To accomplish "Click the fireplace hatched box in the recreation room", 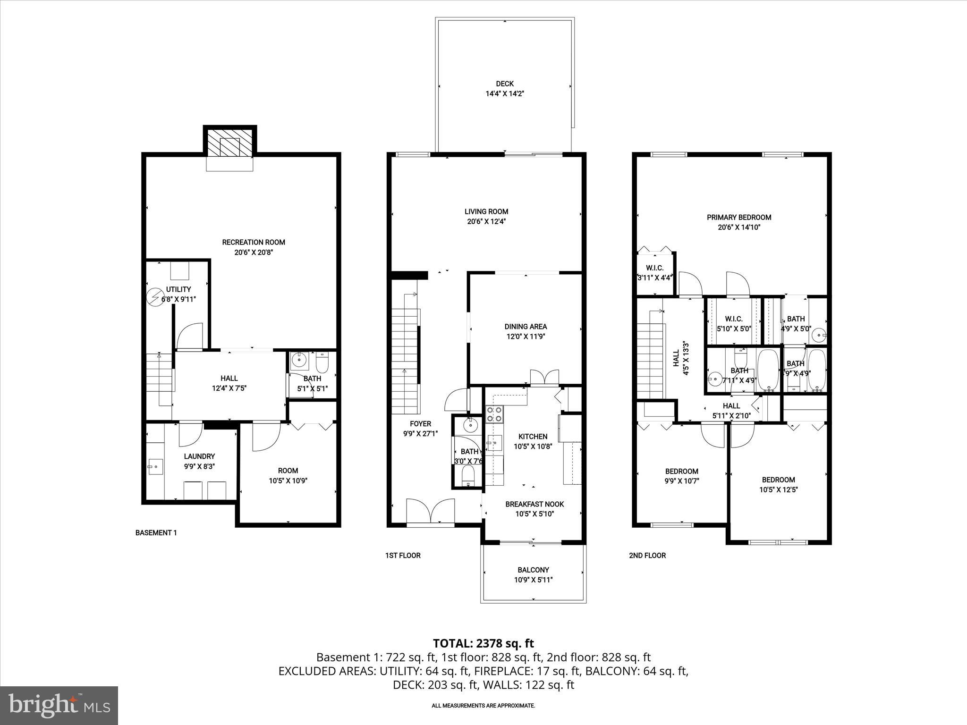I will coord(230,141).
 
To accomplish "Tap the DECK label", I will coord(505,84).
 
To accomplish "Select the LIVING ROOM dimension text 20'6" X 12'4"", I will coord(486,221).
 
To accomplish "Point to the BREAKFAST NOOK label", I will coord(534,504).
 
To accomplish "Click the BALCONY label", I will coord(533,570).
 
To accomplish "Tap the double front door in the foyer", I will coord(430,511).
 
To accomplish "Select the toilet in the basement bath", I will coord(322,362).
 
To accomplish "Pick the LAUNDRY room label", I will coord(199,456).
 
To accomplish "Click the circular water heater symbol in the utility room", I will coord(154,296).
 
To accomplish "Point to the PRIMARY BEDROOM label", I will coord(739,217).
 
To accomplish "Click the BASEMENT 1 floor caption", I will coord(156,532).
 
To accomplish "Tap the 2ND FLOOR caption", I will coord(647,556).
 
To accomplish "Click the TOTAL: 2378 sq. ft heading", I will coord(483,643).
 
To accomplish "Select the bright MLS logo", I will coord(59,705).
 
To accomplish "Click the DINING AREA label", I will coord(526,326).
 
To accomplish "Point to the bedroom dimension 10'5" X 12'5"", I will coord(778,490).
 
